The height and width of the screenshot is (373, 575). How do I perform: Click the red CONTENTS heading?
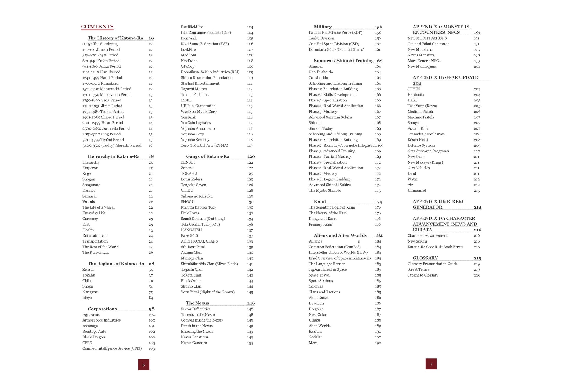[97, 27]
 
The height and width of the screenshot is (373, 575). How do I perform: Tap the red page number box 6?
[144, 365]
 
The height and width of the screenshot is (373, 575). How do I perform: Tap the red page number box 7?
[431, 364]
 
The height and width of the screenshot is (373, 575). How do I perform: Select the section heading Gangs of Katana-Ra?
[207, 156]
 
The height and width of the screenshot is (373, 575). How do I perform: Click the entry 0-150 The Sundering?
[100, 44]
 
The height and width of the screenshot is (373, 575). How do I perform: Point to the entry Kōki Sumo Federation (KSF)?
[205, 44]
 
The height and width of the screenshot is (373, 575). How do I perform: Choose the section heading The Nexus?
[197, 303]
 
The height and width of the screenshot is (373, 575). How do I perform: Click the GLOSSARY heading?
[425, 258]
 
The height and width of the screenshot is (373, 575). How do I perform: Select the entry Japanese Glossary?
[423, 275]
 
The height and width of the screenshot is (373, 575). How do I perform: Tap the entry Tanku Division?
[321, 38]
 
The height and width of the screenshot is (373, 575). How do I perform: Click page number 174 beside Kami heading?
[378, 202]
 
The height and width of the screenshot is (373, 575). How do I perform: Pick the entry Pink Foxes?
[190, 213]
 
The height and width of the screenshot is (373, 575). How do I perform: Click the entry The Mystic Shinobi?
[324, 190]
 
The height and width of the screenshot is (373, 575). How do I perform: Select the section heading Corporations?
[102, 309]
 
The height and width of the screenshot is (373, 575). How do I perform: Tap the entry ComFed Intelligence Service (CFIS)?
[112, 348]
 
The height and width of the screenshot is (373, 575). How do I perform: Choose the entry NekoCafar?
[317, 314]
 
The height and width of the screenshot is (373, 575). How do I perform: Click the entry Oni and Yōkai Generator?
[428, 44]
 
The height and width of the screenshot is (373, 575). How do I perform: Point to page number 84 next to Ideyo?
[151, 298]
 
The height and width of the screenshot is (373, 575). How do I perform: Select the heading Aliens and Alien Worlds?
[340, 235]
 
